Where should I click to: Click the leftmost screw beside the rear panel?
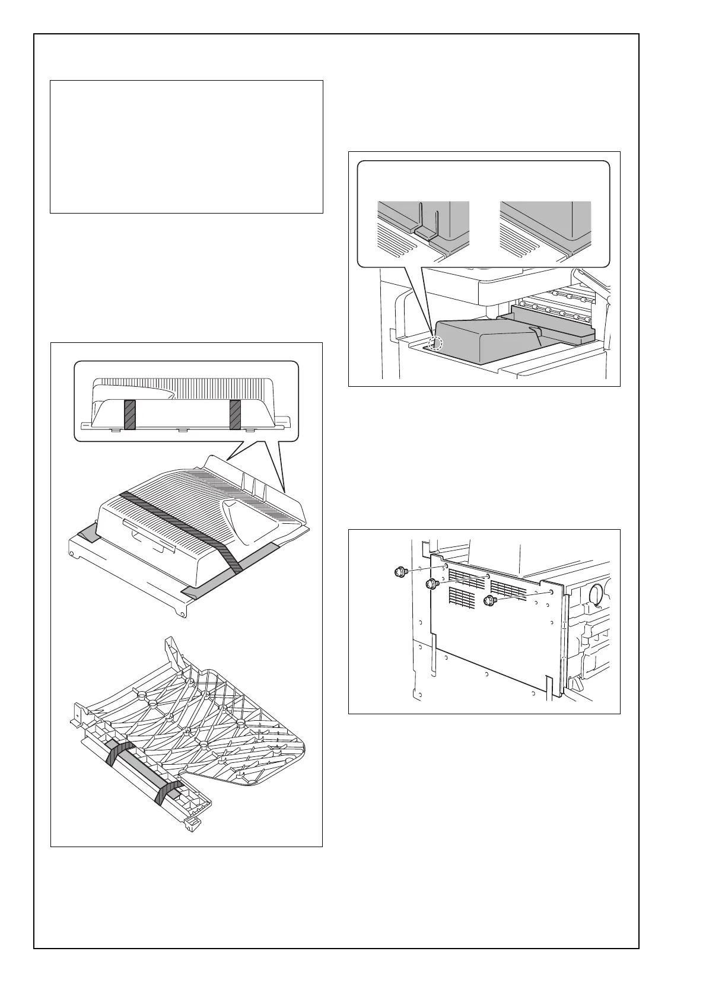pyautogui.click(x=399, y=572)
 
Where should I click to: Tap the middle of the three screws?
pyautogui.click(x=432, y=584)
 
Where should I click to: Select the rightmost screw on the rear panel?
pyautogui.click(x=489, y=600)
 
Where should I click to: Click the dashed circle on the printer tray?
pyautogui.click(x=435, y=343)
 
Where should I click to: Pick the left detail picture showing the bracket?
pyautogui.click(x=424, y=230)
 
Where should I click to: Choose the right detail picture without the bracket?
pyautogui.click(x=545, y=230)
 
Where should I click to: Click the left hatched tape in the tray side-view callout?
pyautogui.click(x=130, y=414)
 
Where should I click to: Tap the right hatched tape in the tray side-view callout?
pyautogui.click(x=235, y=414)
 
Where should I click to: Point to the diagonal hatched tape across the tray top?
pyautogui.click(x=178, y=523)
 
